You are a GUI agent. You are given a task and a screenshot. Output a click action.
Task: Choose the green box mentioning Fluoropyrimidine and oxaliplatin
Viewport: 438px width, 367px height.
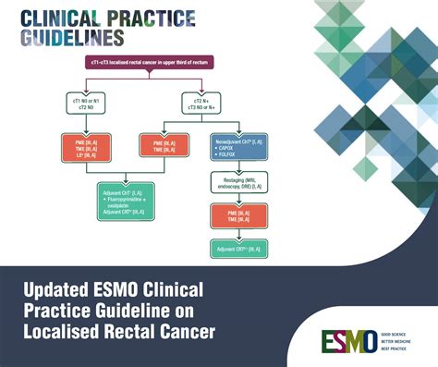pos(136,199)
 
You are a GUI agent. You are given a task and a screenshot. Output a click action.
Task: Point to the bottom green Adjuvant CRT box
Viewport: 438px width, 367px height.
pos(237,250)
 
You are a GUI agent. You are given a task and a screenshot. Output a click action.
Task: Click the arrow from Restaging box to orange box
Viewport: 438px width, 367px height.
pos(237,199)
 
